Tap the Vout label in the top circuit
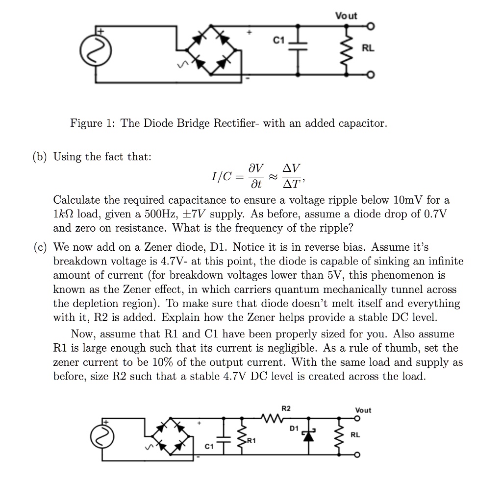346,16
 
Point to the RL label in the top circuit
368,48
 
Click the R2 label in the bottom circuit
286,408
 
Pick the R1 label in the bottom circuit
251,441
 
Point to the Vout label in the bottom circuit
363,410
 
